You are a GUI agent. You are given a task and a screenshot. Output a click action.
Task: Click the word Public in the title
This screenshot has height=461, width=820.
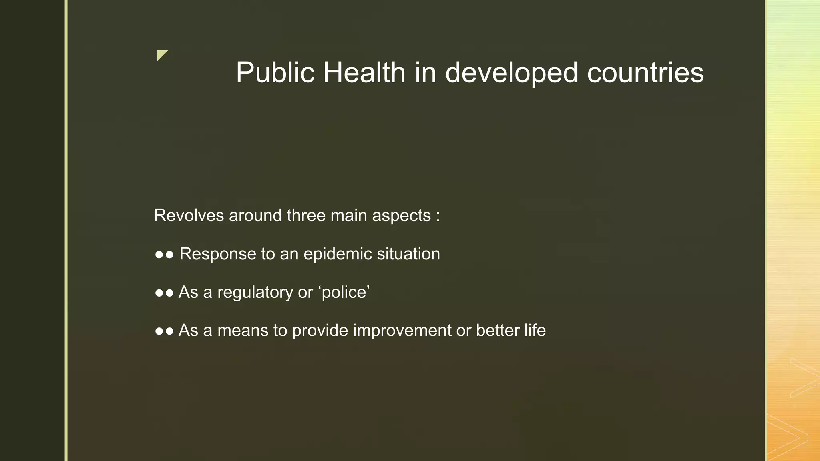275,73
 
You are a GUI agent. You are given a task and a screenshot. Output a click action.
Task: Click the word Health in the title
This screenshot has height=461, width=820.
364,73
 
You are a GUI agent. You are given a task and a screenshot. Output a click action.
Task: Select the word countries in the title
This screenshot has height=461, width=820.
645,73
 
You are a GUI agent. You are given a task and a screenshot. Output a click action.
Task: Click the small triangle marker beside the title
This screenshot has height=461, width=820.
161,55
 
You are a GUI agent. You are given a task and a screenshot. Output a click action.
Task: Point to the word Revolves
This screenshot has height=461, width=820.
189,216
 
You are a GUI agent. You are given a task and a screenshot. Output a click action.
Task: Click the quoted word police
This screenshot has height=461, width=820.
344,293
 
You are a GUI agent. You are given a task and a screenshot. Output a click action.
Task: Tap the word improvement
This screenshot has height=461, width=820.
402,331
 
